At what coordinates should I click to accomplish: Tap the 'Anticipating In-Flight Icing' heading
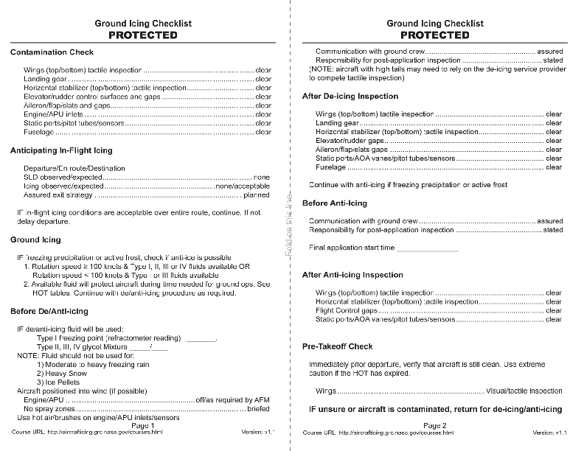[x=61, y=150]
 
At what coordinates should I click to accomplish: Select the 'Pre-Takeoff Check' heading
[x=337, y=346]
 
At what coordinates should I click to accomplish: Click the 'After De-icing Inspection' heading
[x=350, y=97]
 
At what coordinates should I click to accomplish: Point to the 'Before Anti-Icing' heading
[x=334, y=203]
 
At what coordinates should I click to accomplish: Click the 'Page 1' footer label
[x=142, y=425]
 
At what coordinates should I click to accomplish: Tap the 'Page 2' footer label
[x=434, y=425]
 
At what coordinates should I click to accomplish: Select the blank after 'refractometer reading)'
[x=201, y=339]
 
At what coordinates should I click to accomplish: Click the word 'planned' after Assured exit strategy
[x=257, y=195]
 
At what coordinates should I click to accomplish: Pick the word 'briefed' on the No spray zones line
[x=257, y=408]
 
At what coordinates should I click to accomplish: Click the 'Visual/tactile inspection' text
[x=525, y=391]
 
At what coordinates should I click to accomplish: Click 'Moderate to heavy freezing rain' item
[x=93, y=365]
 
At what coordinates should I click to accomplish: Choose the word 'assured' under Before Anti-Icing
[x=549, y=221]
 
